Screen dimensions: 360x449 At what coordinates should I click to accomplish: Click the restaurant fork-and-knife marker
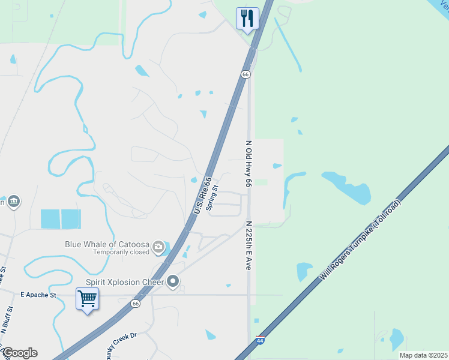coord(247,19)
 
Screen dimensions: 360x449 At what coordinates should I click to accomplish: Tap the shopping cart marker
coord(87,298)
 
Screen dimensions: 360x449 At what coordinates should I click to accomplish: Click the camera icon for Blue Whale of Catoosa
coord(158,245)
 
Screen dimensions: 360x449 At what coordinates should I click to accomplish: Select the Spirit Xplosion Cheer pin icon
coord(173,281)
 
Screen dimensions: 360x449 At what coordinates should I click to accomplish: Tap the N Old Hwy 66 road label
coord(247,164)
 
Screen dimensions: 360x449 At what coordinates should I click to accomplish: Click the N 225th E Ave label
coord(247,245)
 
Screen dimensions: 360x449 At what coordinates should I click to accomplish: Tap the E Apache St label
coord(38,295)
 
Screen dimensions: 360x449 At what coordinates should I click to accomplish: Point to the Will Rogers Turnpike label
coord(360,241)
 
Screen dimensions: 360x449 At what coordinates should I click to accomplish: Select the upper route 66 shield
coord(246,74)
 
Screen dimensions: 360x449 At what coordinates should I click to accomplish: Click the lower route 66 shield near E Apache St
coord(136,304)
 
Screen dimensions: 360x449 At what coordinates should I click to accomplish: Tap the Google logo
coord(19,353)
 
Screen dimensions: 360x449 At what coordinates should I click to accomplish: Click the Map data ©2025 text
coord(423,355)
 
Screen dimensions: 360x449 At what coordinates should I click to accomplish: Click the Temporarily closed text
coord(122,252)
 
